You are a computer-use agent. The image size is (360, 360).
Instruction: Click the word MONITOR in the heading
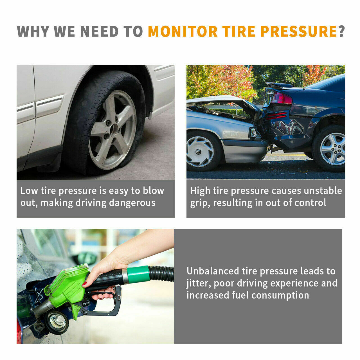click(x=183, y=31)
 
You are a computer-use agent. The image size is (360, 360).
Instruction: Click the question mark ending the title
click(x=341, y=31)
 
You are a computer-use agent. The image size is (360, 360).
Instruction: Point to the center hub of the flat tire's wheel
click(x=114, y=130)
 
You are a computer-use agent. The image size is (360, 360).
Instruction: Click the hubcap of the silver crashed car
click(x=200, y=152)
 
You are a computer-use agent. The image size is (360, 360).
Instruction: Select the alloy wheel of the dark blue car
click(x=332, y=149)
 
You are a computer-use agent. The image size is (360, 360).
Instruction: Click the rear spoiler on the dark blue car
click(x=279, y=85)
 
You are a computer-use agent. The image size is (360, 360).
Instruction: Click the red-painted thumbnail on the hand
click(x=84, y=283)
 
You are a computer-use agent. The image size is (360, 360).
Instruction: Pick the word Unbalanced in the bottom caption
click(x=213, y=271)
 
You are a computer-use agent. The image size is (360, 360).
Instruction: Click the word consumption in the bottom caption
click(x=280, y=296)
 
